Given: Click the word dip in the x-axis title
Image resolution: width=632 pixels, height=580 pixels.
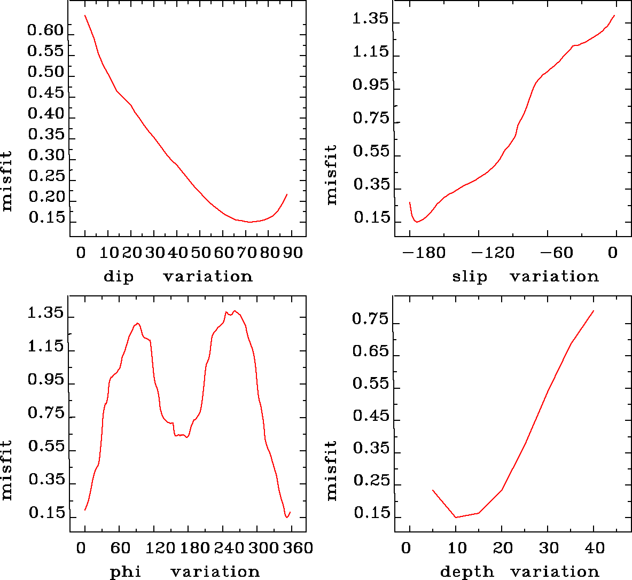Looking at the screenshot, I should [x=118, y=277].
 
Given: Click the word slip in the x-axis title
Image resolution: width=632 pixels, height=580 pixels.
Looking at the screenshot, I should [x=470, y=277].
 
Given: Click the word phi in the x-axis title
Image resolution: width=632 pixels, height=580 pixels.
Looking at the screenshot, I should [x=126, y=572].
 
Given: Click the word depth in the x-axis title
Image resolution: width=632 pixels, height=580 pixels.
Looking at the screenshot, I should [x=467, y=572].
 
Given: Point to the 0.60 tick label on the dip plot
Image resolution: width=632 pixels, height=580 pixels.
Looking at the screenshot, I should [x=46, y=30].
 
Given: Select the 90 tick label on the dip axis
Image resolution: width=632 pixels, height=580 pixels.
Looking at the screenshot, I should [x=293, y=253].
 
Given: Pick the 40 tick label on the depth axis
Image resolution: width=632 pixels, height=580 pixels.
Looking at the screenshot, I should [x=594, y=548].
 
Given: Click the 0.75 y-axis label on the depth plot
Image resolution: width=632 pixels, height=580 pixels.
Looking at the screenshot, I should [x=370, y=319].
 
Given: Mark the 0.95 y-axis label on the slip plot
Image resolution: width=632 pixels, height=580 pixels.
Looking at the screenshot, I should [x=371, y=85].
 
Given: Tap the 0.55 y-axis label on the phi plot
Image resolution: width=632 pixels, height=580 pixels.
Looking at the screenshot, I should [x=46, y=446].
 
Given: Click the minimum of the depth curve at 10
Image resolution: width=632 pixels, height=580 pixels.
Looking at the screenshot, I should [x=456, y=517].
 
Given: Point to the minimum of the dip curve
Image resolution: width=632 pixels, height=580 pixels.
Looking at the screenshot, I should [x=250, y=222].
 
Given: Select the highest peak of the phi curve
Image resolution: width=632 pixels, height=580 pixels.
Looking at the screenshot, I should [x=235, y=311].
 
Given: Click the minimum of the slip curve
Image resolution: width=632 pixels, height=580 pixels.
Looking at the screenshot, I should [x=417, y=222].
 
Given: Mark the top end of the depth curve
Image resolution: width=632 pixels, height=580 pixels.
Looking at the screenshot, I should [x=593, y=311].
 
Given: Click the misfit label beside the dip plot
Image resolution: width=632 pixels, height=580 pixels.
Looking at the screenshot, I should [x=7, y=182].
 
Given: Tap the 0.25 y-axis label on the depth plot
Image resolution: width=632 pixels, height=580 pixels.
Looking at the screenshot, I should [x=371, y=481].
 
